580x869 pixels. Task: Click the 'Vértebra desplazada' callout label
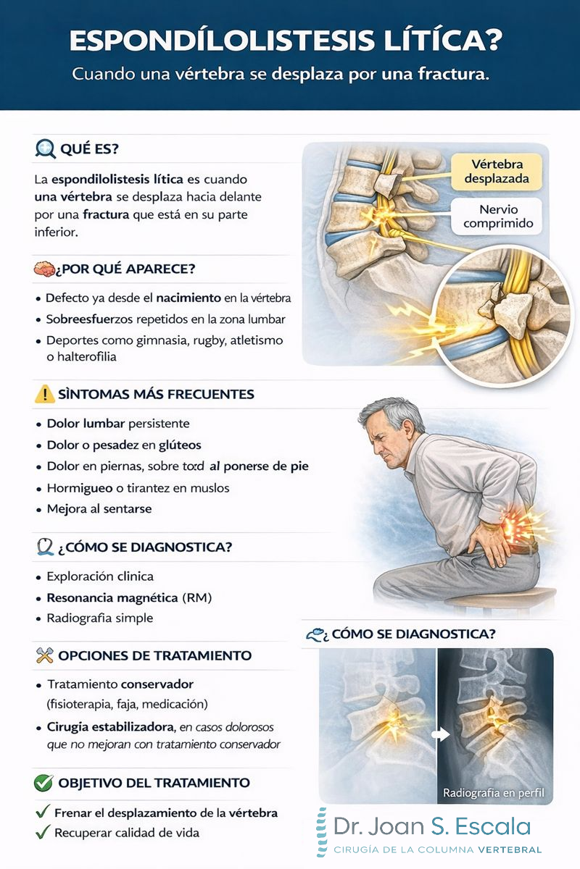pyautogui.click(x=497, y=171)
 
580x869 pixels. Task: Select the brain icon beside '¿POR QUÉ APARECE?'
pyautogui.click(x=43, y=269)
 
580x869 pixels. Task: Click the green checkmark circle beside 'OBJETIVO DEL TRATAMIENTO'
pyautogui.click(x=44, y=783)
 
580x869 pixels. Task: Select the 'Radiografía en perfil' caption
pyautogui.click(x=493, y=793)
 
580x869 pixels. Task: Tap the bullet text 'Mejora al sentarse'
pyautogui.click(x=99, y=509)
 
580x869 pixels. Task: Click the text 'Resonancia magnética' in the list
pyautogui.click(x=112, y=598)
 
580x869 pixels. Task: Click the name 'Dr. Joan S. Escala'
pyautogui.click(x=432, y=827)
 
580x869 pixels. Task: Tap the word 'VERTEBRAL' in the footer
pyautogui.click(x=510, y=849)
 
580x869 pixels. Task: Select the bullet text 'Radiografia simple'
pyautogui.click(x=100, y=619)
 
